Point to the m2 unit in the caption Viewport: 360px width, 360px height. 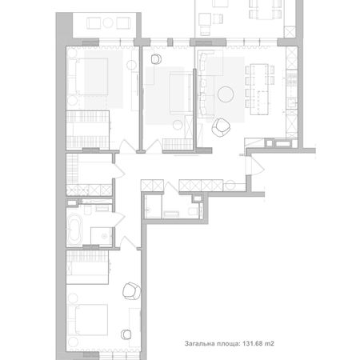269,343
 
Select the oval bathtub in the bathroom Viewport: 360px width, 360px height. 74,230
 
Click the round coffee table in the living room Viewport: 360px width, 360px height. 226,94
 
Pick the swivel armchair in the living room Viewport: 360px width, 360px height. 221,127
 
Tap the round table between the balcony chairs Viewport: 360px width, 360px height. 108,22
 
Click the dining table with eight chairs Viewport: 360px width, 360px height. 259,89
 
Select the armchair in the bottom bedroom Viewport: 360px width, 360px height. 131,291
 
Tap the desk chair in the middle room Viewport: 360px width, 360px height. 156,59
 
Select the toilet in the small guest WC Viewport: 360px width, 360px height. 194,211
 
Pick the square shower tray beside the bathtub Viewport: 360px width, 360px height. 102,237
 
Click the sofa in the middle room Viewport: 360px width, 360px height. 181,93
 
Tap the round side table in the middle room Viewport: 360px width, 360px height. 178,125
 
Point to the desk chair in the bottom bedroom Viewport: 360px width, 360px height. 126,334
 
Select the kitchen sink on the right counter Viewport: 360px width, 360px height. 292,102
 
